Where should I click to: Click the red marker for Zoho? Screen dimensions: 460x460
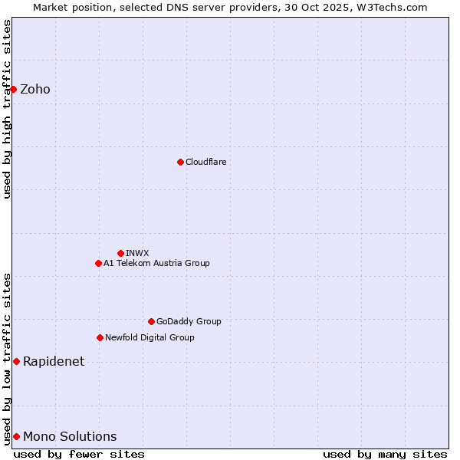coord(13,89)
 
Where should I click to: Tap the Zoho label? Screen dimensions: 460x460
coord(35,89)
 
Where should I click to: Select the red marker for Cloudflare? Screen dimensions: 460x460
coord(180,162)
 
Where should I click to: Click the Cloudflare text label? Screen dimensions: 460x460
coord(205,162)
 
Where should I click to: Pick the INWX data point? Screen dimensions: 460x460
coord(120,253)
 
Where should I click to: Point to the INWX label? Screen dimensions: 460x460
coord(137,253)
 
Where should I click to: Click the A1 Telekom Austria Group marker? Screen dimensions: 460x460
coord(98,263)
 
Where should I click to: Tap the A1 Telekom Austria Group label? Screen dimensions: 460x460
coord(156,263)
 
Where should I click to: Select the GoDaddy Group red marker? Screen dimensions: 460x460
coord(151,321)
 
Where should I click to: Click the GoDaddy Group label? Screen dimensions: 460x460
coord(189,321)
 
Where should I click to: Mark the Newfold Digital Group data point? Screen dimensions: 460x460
coord(100,337)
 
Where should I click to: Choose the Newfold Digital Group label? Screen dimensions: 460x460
coord(149,337)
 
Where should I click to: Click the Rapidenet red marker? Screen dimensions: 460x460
coord(16,361)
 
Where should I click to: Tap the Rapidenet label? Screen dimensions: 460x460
coord(54,361)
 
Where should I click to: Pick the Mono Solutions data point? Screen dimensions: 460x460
coord(16,436)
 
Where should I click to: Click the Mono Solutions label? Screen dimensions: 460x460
coord(70,436)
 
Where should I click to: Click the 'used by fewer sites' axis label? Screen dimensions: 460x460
coord(79,454)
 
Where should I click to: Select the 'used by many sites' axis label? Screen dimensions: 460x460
coord(384,454)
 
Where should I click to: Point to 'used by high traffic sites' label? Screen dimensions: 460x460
coord(7,109)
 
